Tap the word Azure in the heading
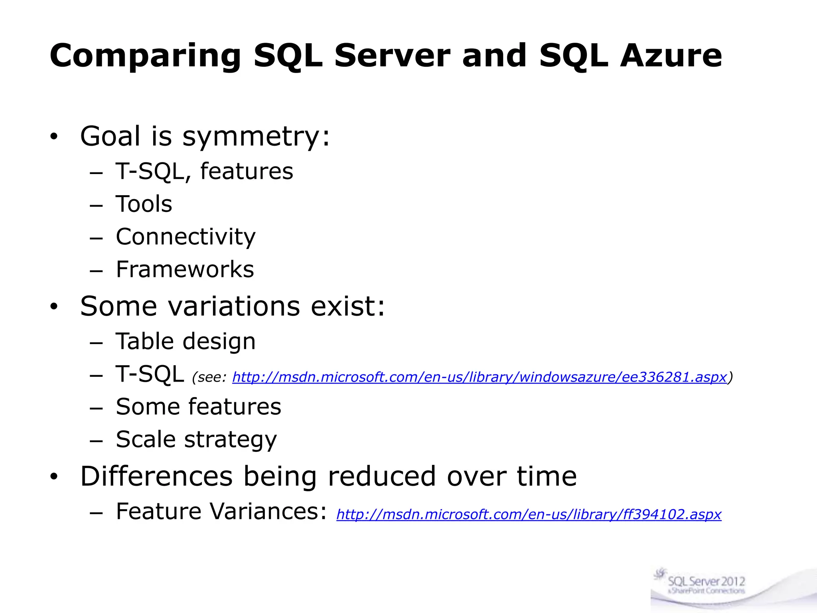tap(671, 56)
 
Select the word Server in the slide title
tap(392, 56)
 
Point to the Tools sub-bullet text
tap(144, 204)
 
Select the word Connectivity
tap(186, 237)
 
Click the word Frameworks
tap(185, 269)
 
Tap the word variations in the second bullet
tap(234, 306)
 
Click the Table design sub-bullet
tap(186, 342)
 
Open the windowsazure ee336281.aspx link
tap(479, 377)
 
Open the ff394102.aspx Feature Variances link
tap(529, 514)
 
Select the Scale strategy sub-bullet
tap(196, 440)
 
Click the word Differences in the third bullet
tap(156, 477)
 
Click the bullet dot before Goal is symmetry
tap(54, 138)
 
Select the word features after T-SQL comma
tap(247, 172)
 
